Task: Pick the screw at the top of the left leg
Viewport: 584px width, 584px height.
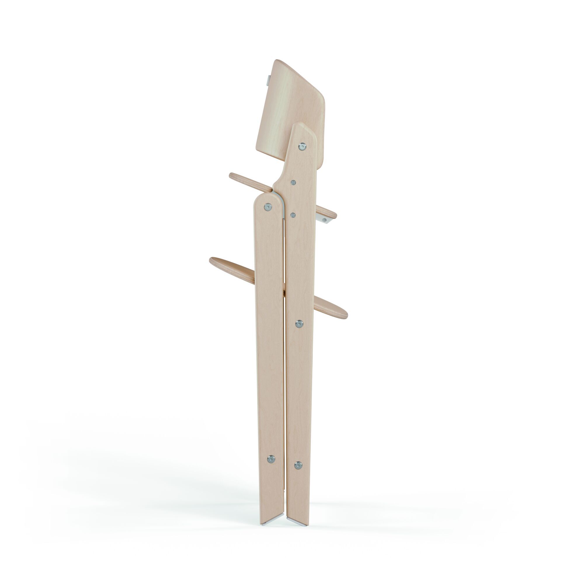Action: [x=267, y=207]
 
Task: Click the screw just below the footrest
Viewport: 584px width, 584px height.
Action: [x=299, y=324]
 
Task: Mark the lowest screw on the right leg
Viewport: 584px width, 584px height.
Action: [x=298, y=465]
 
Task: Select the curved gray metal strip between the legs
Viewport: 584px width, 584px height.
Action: [x=281, y=199]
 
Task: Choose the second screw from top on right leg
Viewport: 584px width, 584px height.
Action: [x=293, y=182]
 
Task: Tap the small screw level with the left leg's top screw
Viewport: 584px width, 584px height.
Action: [x=293, y=215]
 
